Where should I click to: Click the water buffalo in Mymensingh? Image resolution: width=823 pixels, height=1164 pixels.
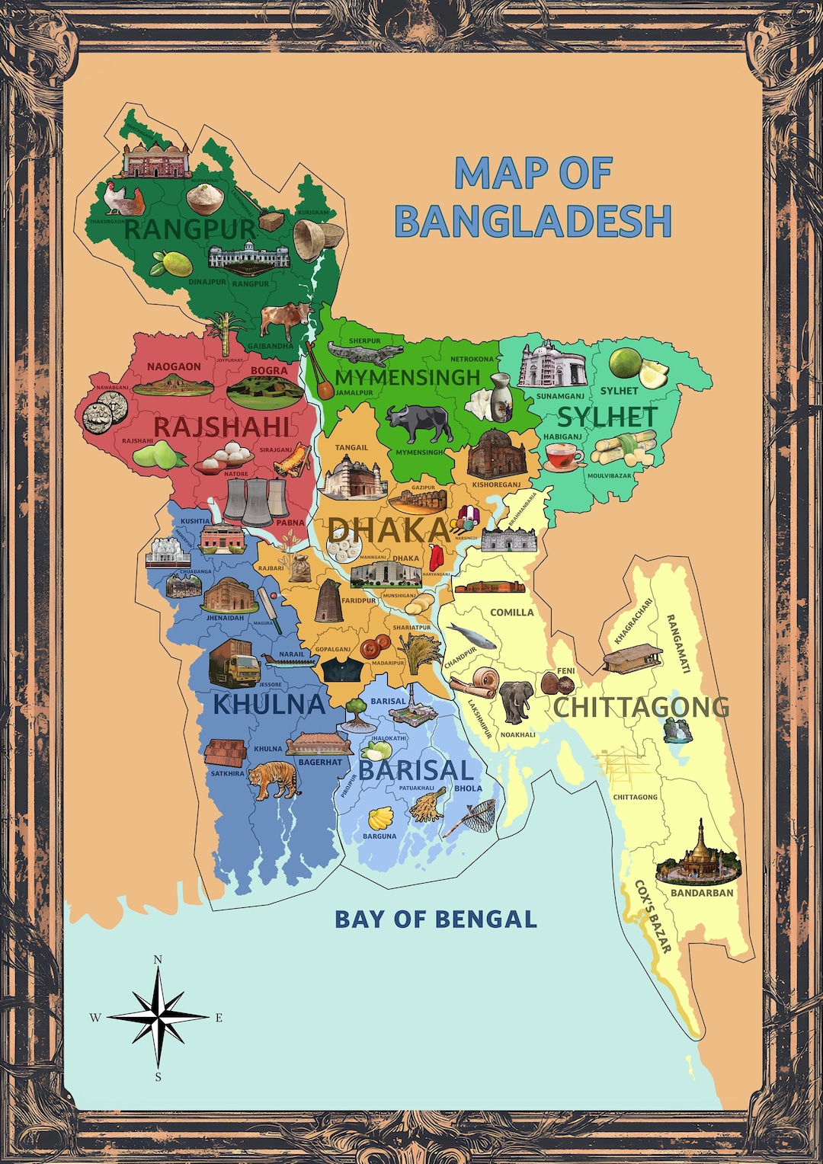[418, 423]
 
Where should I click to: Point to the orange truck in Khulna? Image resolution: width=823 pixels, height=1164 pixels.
[234, 663]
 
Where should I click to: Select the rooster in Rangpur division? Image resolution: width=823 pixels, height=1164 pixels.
[123, 200]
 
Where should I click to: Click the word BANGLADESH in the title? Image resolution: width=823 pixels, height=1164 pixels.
[533, 222]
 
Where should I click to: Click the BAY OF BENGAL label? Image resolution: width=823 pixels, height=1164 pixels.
[436, 919]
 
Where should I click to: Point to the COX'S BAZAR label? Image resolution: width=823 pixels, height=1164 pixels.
[653, 917]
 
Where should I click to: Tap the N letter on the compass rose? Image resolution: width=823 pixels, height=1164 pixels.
[158, 960]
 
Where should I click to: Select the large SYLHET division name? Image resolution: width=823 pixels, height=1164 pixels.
[607, 417]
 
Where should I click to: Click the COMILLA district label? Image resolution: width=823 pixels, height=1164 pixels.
[511, 612]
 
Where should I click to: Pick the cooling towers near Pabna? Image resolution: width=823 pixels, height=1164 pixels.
[255, 500]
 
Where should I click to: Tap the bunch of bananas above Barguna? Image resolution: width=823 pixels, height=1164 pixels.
[381, 819]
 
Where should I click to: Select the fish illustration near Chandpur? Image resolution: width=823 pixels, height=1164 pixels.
[470, 635]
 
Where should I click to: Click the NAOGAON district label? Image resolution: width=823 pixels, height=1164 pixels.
[174, 367]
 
